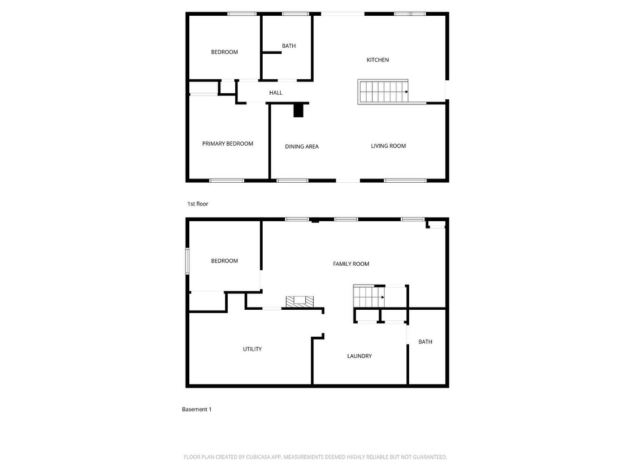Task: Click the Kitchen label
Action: click(378, 60)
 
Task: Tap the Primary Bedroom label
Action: click(227, 144)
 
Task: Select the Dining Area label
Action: click(302, 147)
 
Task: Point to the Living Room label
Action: click(388, 146)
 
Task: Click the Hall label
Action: click(276, 93)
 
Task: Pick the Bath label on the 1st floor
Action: click(289, 46)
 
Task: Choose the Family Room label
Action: click(351, 264)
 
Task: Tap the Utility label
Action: click(252, 349)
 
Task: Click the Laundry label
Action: click(359, 356)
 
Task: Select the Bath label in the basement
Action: click(425, 342)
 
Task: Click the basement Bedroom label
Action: click(224, 261)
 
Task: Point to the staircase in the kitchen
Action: click(383, 91)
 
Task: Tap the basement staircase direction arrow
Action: click(382, 297)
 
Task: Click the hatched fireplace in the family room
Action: click(299, 301)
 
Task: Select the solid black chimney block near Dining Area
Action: click(298, 110)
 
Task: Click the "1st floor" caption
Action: click(198, 204)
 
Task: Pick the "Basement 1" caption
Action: click(196, 409)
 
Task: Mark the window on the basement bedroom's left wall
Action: click(187, 261)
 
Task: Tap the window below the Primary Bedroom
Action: click(226, 180)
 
